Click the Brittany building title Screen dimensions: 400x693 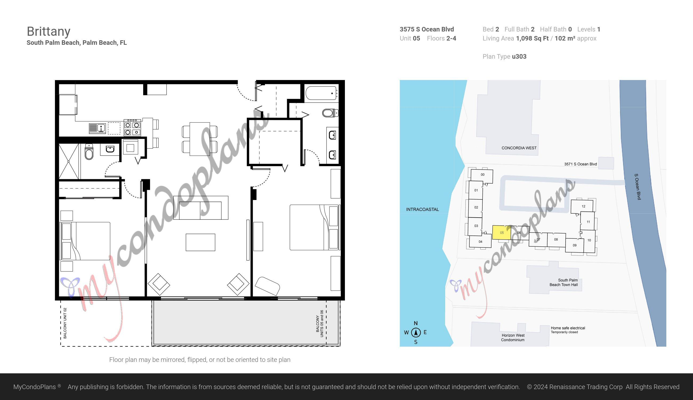coord(49,31)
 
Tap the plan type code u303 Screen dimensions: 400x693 coord(519,57)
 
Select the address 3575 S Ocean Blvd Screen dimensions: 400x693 coord(426,29)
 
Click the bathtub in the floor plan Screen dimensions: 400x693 coord(321,93)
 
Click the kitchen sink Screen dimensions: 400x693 coord(98,128)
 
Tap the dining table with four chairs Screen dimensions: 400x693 coord(200,139)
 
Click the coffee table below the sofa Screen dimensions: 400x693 coord(200,242)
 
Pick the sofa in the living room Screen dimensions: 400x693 coord(200,208)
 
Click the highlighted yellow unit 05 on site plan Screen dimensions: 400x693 coord(501,233)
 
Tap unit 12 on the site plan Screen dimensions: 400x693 coord(583,206)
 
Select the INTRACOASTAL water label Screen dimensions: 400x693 coord(422,209)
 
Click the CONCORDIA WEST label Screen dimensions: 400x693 coord(519,148)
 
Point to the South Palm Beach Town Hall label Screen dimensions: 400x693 coord(564,282)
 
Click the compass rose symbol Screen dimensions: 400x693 coord(416,333)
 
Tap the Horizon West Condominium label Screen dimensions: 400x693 coord(513,338)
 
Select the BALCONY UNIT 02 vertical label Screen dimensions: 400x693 coord(65,323)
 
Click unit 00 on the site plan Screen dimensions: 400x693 coord(482,175)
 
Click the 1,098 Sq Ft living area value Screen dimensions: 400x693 coord(532,38)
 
